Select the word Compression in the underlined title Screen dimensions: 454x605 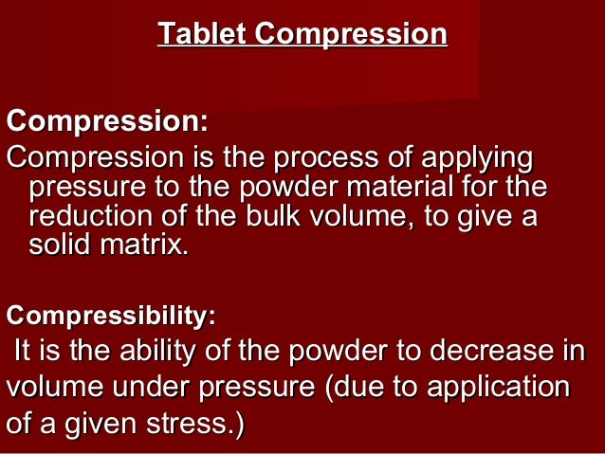point(351,35)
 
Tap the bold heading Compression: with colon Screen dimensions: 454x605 point(107,122)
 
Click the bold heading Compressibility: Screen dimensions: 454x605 point(111,313)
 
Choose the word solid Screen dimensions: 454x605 point(59,245)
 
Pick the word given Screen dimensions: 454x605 point(102,424)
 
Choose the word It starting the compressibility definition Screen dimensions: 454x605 point(25,354)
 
